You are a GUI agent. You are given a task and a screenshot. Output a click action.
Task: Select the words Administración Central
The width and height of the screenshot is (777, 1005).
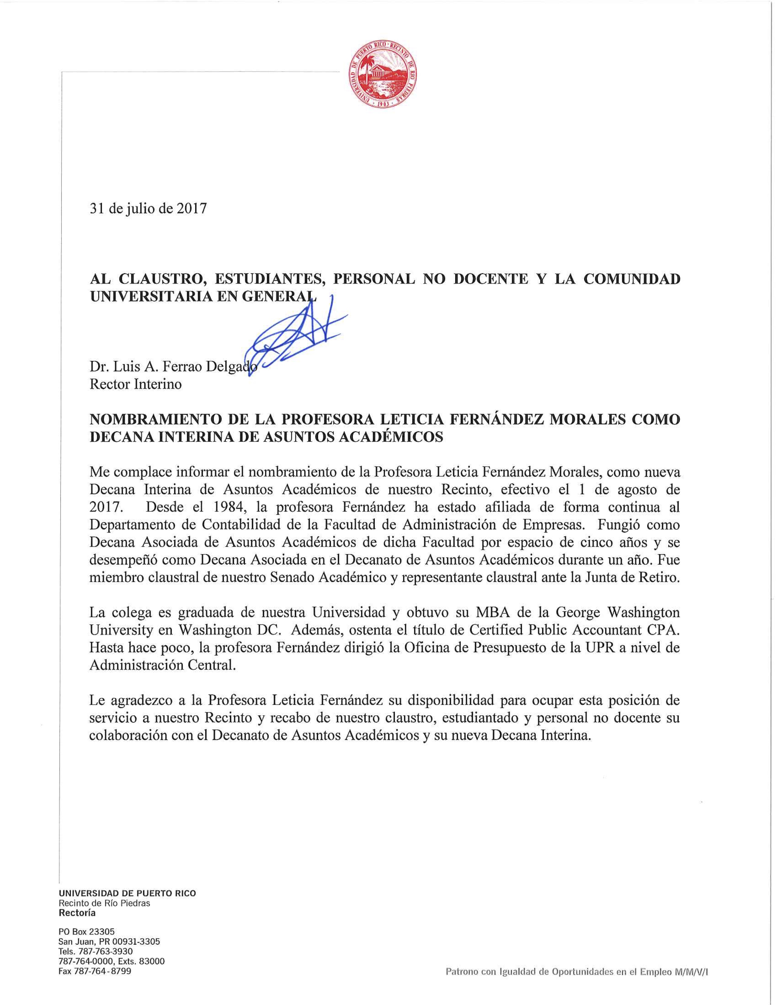pos(162,666)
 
